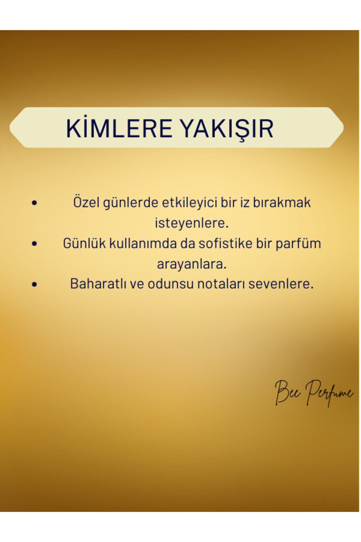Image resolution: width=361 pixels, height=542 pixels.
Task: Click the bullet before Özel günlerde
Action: pyautogui.click(x=34, y=203)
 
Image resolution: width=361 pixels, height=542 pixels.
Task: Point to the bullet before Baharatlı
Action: pyautogui.click(x=34, y=284)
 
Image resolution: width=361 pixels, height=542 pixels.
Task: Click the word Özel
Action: pyautogui.click(x=86, y=202)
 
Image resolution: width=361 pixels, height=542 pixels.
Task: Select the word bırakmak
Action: pyautogui.click(x=282, y=202)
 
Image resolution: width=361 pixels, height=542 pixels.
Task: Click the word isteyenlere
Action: pyautogui.click(x=192, y=223)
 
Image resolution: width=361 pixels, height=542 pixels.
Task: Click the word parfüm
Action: pyautogui.click(x=298, y=244)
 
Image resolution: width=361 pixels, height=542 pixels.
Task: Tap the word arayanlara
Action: pyautogui.click(x=192, y=264)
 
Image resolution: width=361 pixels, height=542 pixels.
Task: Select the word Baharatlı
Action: pyautogui.click(x=98, y=284)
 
